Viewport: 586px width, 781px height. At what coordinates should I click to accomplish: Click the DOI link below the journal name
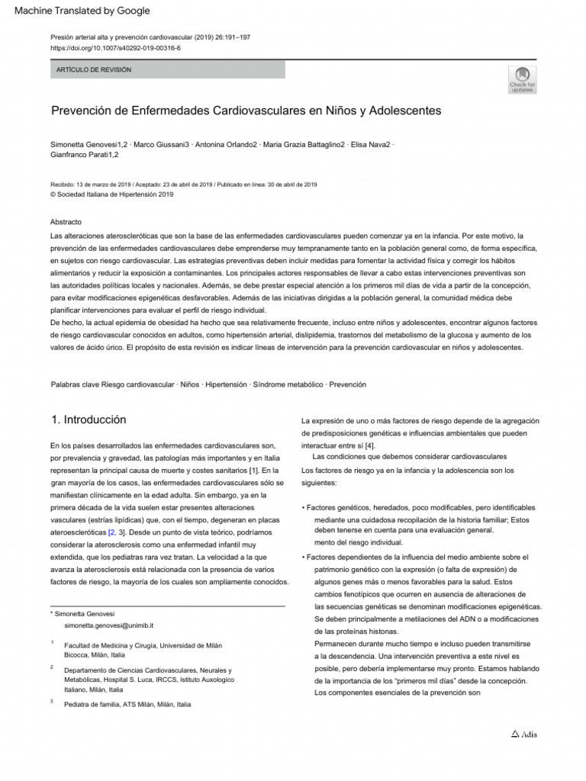[115, 47]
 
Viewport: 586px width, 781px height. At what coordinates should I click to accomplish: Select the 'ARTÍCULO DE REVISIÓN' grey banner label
[95, 70]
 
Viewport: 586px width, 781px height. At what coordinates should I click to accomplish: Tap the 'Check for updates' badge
[522, 79]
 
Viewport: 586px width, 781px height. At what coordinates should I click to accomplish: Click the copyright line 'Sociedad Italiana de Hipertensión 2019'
[114, 194]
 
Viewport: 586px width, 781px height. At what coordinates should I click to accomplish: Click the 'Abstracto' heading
[65, 221]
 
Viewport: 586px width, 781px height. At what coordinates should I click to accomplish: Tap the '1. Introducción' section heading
[89, 420]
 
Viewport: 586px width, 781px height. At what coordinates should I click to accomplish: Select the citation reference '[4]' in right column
[369, 445]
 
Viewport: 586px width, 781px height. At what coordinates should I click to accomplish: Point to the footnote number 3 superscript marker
[51, 702]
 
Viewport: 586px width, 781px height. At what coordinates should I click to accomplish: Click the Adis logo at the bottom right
[524, 734]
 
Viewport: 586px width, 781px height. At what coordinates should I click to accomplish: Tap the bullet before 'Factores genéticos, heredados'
[304, 508]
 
